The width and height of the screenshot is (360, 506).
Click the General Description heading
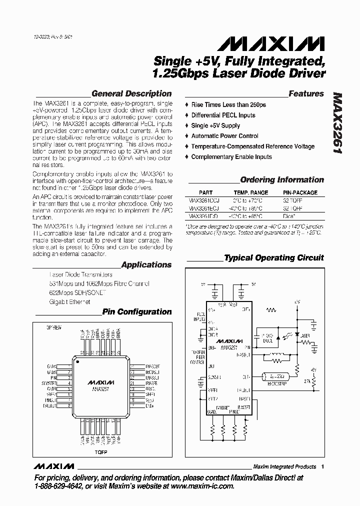(x=131, y=93)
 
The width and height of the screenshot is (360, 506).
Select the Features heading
(x=306, y=93)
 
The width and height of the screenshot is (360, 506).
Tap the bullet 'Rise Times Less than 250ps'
(x=228, y=105)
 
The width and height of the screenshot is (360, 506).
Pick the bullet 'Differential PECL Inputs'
(x=223, y=115)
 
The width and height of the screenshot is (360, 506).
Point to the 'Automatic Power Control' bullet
(x=224, y=136)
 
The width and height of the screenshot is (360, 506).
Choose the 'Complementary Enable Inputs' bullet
(x=231, y=157)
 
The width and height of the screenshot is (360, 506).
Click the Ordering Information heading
(x=282, y=180)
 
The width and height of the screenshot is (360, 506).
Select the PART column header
(x=205, y=192)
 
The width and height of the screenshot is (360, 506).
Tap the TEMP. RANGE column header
(x=251, y=192)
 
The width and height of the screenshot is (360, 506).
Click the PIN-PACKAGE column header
(x=300, y=192)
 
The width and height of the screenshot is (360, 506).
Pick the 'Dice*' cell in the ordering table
(x=289, y=216)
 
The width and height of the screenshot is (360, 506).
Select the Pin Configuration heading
(x=136, y=312)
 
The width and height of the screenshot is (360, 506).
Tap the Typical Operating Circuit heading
(x=273, y=258)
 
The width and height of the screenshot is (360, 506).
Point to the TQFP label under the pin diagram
(x=102, y=452)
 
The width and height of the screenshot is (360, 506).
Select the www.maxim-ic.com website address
(x=201, y=486)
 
